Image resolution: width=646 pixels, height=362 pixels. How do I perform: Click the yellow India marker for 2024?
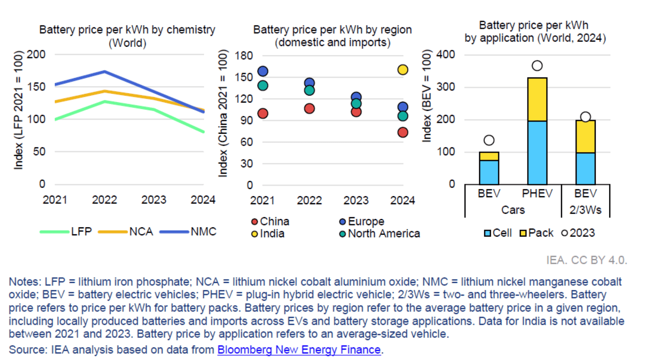pyautogui.click(x=402, y=70)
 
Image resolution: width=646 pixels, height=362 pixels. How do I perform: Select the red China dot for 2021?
pyautogui.click(x=262, y=113)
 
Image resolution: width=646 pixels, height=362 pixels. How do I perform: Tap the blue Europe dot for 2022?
pyautogui.click(x=309, y=83)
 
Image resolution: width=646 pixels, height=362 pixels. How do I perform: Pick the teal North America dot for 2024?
pyautogui.click(x=402, y=116)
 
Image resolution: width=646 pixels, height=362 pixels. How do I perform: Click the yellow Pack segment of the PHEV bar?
pyautogui.click(x=537, y=99)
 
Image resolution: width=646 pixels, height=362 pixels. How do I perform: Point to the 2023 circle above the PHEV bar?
pyautogui.click(x=537, y=66)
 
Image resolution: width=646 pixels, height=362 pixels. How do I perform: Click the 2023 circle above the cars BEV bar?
pyautogui.click(x=489, y=140)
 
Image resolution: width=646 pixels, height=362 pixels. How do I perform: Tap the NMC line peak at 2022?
pyautogui.click(x=105, y=71)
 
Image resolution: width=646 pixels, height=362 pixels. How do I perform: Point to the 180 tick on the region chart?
pyautogui.click(x=244, y=56)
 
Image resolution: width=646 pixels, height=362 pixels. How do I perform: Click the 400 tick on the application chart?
pyautogui.click(x=445, y=54)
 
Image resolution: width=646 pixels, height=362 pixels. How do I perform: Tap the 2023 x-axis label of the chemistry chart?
pyautogui.click(x=154, y=200)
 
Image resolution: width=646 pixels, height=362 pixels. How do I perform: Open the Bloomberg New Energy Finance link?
pyautogui.click(x=299, y=350)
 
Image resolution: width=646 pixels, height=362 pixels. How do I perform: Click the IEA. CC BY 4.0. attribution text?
pyautogui.click(x=586, y=260)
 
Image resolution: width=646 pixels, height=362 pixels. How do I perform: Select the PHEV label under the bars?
pyautogui.click(x=537, y=193)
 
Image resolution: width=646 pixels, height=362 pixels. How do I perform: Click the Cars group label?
pyautogui.click(x=513, y=210)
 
